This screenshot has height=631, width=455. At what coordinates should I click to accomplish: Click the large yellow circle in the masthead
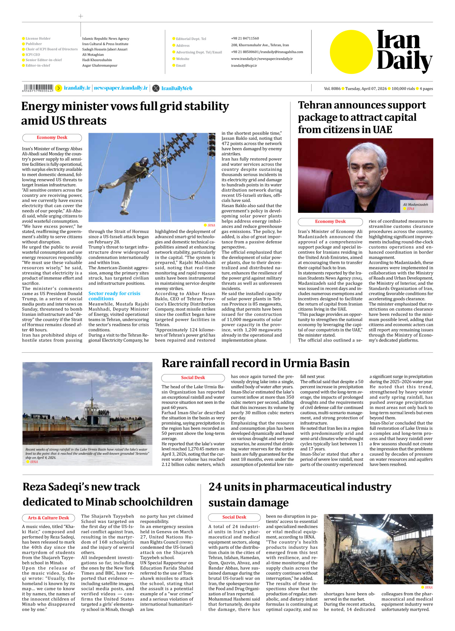pos(351,52)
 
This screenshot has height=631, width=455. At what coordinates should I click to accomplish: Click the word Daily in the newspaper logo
pos(404,61)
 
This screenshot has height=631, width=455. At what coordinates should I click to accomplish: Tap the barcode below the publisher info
pos(38,88)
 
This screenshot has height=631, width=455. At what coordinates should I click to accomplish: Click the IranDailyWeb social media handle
pos(177,88)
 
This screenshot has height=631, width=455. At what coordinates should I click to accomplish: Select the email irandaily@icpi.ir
pos(244,66)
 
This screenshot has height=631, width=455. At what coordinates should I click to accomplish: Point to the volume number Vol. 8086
pos(332,88)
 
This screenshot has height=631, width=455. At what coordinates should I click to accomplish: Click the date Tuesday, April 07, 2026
pos(366,88)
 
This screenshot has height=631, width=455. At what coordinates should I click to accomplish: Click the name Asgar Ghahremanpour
pos(100,66)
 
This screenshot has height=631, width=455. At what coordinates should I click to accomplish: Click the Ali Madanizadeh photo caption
pos(415,205)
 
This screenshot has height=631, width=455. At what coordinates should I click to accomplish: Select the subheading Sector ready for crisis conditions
pos(114,296)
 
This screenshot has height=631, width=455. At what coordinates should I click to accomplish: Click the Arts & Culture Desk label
pos(48,518)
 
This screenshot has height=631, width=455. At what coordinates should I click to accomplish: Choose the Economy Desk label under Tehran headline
pos(330,222)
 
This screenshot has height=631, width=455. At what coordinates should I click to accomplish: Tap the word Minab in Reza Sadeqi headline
pos(103,502)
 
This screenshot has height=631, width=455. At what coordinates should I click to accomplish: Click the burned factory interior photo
pos(378,549)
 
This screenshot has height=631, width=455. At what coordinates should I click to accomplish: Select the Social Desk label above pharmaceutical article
pos(234,517)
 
